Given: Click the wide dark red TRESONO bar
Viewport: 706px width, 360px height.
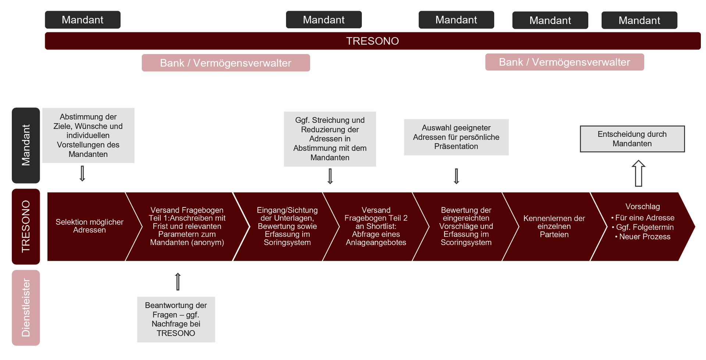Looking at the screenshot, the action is pyautogui.click(x=372, y=41).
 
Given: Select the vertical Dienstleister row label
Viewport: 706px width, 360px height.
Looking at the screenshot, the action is pyautogui.click(x=26, y=308).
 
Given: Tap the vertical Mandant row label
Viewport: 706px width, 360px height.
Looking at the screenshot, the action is pyautogui.click(x=26, y=145).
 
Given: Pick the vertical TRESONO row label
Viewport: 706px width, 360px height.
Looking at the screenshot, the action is pyautogui.click(x=26, y=227).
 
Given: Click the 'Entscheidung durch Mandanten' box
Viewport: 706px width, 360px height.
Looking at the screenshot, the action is pyautogui.click(x=632, y=139).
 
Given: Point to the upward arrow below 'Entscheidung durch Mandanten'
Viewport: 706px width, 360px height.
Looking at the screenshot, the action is pyautogui.click(x=639, y=173).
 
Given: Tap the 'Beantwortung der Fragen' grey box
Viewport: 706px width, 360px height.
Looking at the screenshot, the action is pyautogui.click(x=176, y=320).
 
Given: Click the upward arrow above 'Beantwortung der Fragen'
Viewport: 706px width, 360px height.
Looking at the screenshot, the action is pyautogui.click(x=178, y=282).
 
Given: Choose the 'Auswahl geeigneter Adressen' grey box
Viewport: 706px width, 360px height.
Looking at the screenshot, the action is pyautogui.click(x=456, y=137).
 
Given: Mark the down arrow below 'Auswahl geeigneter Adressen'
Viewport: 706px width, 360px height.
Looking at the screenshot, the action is pyautogui.click(x=456, y=176).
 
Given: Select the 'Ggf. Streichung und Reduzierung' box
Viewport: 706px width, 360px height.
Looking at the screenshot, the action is pyautogui.click(x=330, y=139).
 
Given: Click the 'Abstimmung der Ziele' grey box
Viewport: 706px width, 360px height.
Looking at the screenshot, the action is pyautogui.click(x=88, y=135).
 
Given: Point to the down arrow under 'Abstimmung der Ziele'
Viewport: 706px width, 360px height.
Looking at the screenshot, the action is pyautogui.click(x=82, y=174).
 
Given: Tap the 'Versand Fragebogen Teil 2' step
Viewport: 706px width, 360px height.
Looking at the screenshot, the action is pyautogui.click(x=376, y=227).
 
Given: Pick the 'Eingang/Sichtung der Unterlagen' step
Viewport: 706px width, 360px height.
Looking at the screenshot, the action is pyautogui.click(x=287, y=227).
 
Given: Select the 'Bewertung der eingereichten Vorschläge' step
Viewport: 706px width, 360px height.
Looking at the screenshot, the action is pyautogui.click(x=466, y=227).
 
